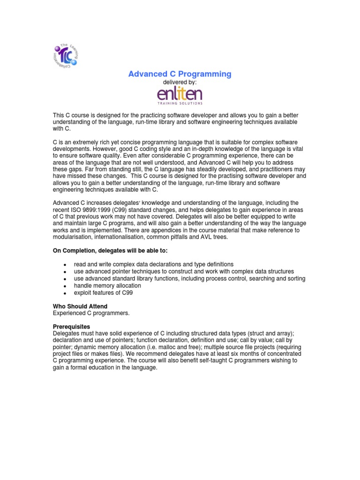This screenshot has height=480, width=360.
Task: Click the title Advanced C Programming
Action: pos(180,74)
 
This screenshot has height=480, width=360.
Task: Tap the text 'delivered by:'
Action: pos(180,82)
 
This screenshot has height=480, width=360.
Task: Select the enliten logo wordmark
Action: pos(180,93)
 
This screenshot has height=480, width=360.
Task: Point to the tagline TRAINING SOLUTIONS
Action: pos(180,103)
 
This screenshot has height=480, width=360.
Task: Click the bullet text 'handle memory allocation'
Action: pos(107,285)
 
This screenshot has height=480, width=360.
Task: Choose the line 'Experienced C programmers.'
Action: pos(90,313)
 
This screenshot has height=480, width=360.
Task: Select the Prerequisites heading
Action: pos(71,326)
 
